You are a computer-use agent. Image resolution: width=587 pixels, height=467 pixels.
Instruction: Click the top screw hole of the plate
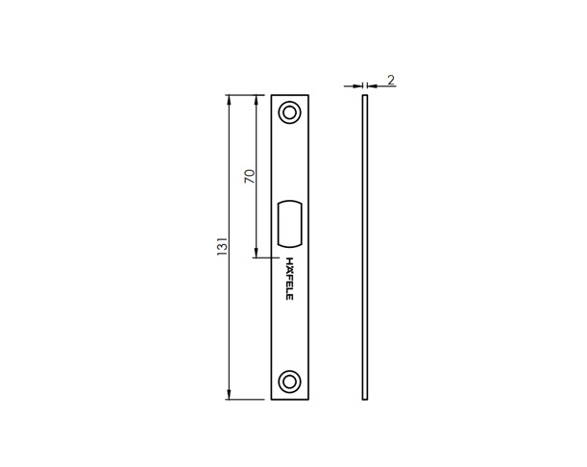click(x=289, y=112)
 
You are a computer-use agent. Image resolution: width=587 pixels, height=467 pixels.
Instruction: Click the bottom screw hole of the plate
click(x=289, y=381)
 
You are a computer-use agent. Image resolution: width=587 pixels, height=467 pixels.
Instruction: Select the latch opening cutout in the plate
click(x=288, y=223)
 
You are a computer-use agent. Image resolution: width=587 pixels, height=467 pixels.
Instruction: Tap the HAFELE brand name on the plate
click(x=289, y=278)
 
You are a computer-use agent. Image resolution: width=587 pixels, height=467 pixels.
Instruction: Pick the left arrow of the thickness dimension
click(x=357, y=86)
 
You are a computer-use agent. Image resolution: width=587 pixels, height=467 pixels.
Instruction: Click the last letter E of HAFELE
click(x=289, y=296)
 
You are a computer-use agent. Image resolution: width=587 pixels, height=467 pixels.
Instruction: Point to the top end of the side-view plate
click(x=365, y=96)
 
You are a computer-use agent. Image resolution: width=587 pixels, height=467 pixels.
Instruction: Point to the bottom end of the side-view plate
click(x=365, y=399)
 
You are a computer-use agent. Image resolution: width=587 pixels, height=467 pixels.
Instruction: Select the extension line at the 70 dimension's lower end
click(x=265, y=258)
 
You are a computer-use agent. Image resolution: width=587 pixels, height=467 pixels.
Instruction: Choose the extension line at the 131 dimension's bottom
click(x=248, y=399)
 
